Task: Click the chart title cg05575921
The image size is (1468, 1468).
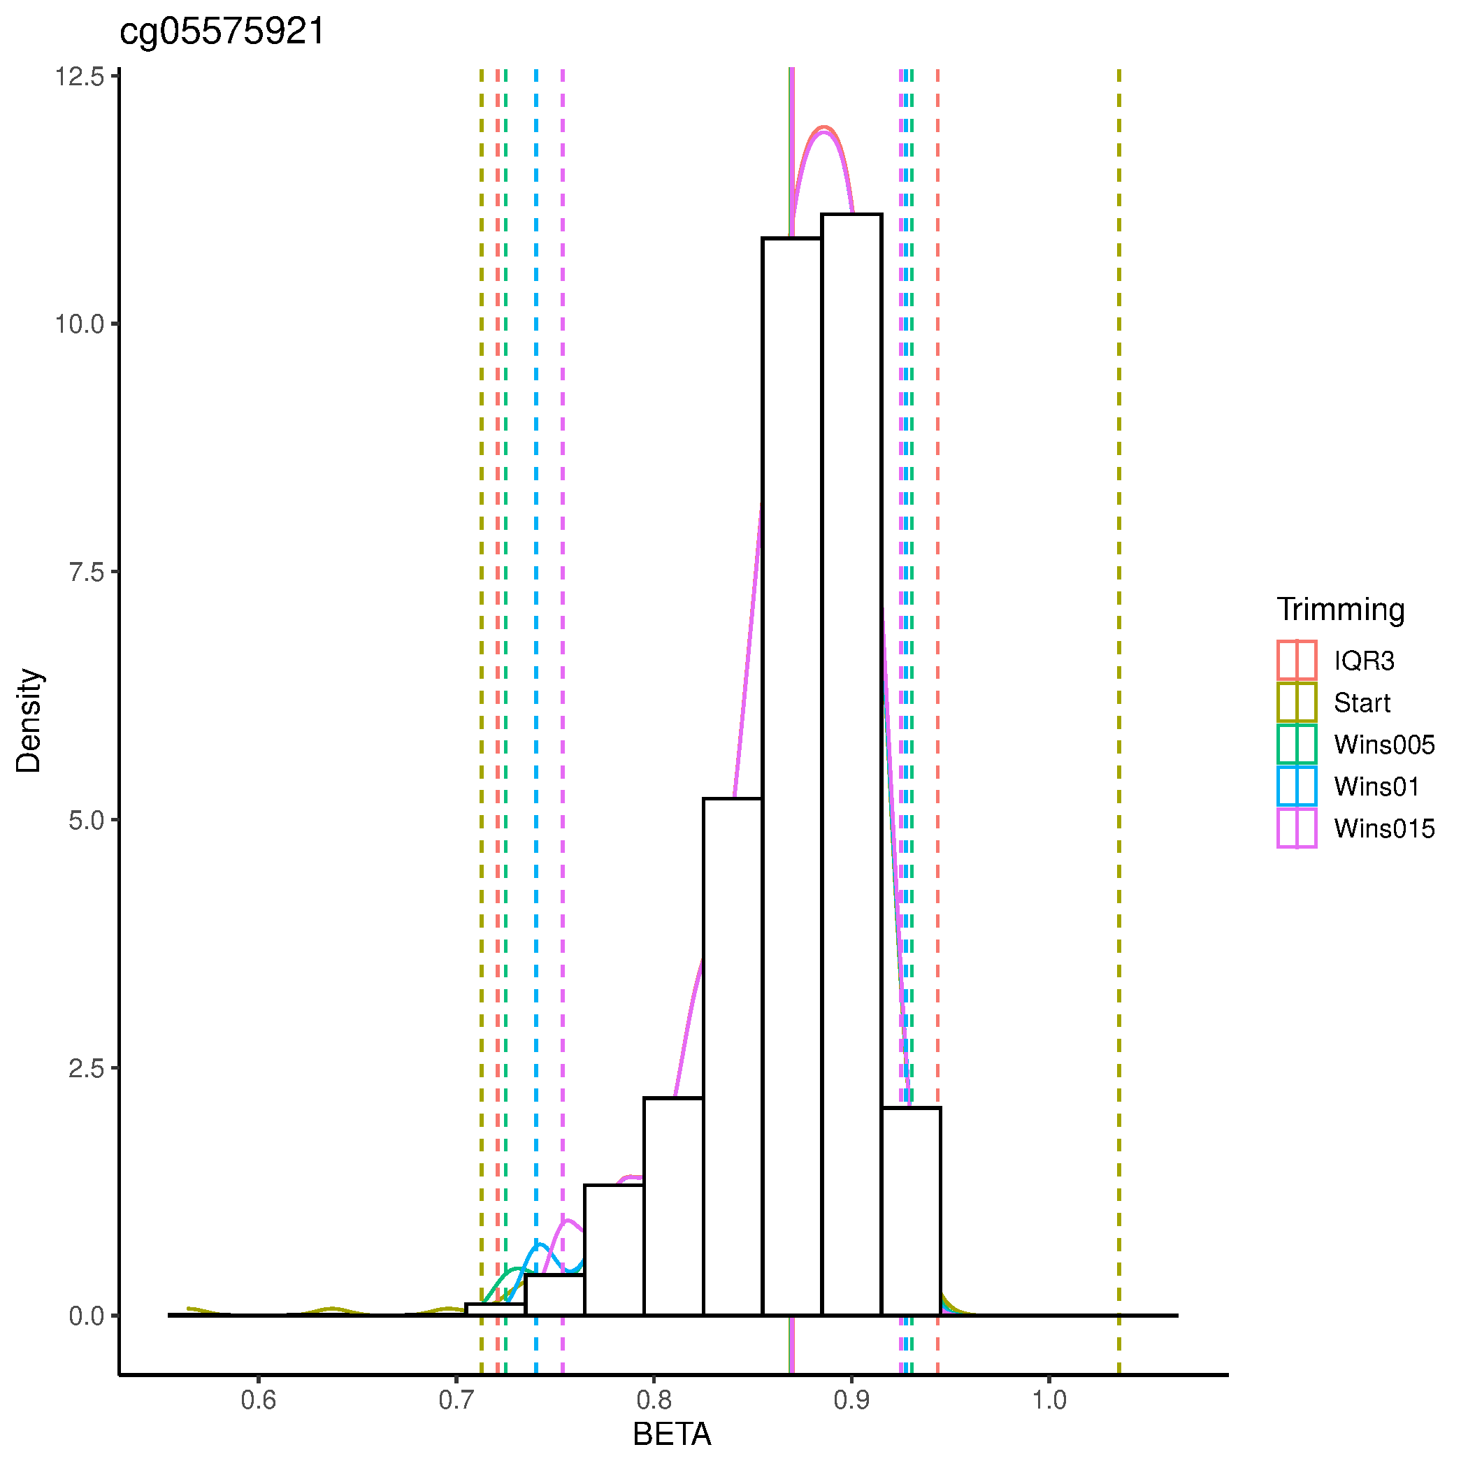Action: pyautogui.click(x=222, y=32)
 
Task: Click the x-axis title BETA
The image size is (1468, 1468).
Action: pyautogui.click(x=672, y=1434)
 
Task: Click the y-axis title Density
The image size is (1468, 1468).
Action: pyautogui.click(x=29, y=720)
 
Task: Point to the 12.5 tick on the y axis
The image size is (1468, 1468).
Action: pyautogui.click(x=79, y=77)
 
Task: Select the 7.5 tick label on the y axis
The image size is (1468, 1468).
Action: pyautogui.click(x=86, y=572)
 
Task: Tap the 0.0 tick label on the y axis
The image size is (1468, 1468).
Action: pyautogui.click(x=86, y=1316)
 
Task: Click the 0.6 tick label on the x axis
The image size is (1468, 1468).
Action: pyautogui.click(x=259, y=1399)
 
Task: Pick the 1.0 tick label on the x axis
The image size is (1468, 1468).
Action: pyautogui.click(x=1049, y=1399)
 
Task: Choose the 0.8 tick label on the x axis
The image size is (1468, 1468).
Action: pyautogui.click(x=654, y=1399)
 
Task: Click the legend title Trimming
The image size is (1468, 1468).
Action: pyautogui.click(x=1340, y=610)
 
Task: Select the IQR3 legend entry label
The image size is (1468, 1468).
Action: pyautogui.click(x=1364, y=661)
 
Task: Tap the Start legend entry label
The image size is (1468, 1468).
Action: pyautogui.click(x=1362, y=703)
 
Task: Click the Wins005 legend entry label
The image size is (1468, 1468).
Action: pyautogui.click(x=1383, y=744)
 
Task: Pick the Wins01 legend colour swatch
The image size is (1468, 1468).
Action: pyautogui.click(x=1296, y=786)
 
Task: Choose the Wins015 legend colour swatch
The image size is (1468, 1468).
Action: pyautogui.click(x=1296, y=828)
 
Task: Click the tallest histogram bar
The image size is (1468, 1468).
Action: pyautogui.click(x=851, y=760)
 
